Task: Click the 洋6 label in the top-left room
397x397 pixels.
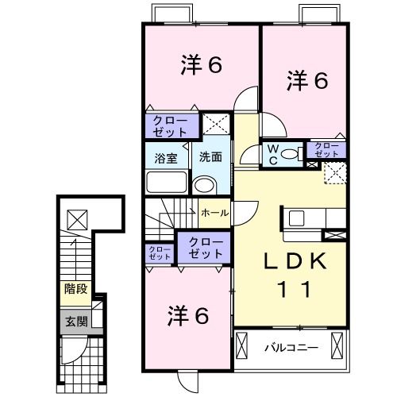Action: click(200, 67)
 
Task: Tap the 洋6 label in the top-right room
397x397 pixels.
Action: click(307, 80)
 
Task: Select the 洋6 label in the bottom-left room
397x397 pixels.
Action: click(188, 316)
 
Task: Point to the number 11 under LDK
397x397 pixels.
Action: click(293, 290)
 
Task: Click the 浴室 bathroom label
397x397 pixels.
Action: click(166, 156)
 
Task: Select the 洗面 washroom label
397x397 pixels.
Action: click(210, 156)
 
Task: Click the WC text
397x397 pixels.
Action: click(272, 153)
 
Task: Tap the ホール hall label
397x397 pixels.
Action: click(214, 214)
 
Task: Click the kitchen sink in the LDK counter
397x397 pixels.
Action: click(297, 218)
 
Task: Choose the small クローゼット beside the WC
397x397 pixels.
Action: click(326, 149)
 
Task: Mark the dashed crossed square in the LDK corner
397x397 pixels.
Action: click(334, 172)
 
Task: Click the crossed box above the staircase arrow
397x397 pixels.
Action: click(77, 217)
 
